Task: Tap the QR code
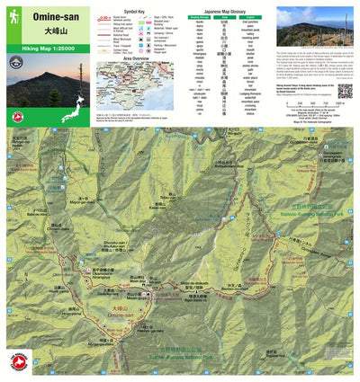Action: [345, 91]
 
